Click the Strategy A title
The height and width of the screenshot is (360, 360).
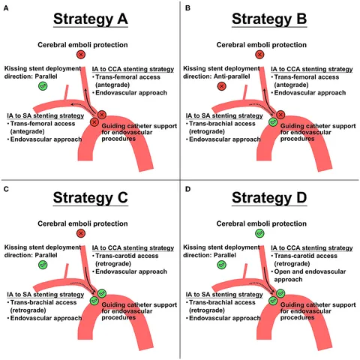(x=91, y=19)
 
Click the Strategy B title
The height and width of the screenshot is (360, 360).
(x=269, y=19)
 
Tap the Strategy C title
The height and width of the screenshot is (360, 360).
(x=91, y=198)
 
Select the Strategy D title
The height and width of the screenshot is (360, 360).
(x=269, y=198)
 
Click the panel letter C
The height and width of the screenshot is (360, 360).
(x=6, y=189)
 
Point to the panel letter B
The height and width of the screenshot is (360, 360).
(x=187, y=8)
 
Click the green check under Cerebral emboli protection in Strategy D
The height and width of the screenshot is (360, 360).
(x=259, y=233)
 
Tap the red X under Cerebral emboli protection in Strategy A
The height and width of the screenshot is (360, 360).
(x=81, y=55)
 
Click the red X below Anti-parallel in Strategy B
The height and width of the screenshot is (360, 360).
(x=221, y=86)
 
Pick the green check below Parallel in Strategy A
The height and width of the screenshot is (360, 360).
(x=43, y=86)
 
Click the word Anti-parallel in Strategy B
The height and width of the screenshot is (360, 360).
(x=232, y=76)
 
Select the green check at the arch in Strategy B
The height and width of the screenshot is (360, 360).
(x=273, y=122)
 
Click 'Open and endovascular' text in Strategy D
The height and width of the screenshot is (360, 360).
(x=310, y=271)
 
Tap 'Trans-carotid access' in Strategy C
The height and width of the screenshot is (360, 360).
(x=127, y=256)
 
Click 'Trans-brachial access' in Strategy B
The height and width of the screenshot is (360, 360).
(x=222, y=124)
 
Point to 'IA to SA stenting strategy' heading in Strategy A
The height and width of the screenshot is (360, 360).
(x=46, y=115)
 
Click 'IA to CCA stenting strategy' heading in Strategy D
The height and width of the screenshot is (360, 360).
(x=312, y=248)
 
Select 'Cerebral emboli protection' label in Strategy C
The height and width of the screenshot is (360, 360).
(x=82, y=223)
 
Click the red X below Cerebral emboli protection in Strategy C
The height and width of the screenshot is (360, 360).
(x=81, y=233)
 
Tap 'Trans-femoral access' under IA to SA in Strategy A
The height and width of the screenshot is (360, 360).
(x=43, y=124)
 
